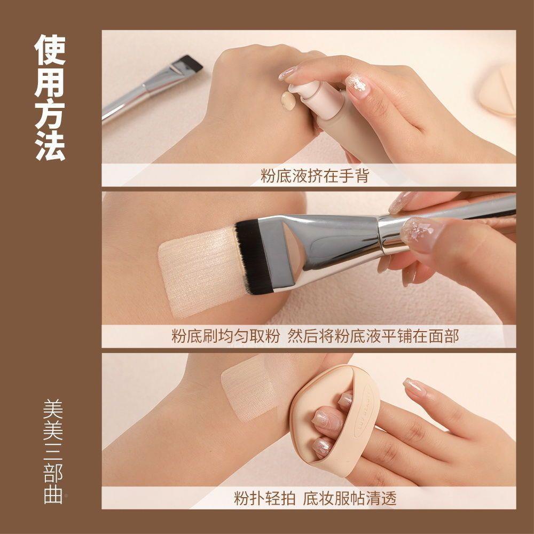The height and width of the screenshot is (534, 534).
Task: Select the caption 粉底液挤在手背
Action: [315, 176]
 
